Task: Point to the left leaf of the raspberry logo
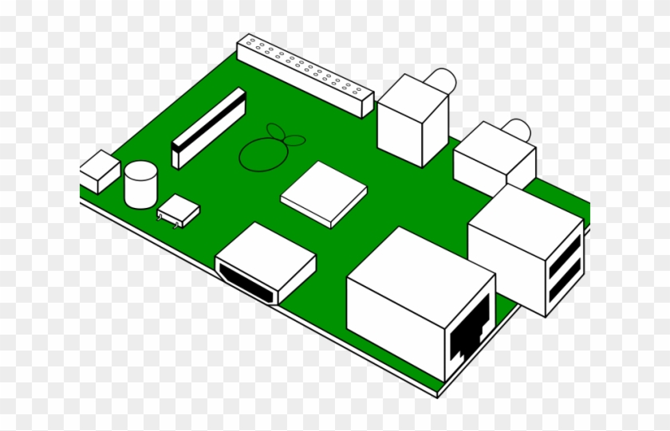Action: pyautogui.click(x=274, y=131)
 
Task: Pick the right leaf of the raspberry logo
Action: pyautogui.click(x=296, y=142)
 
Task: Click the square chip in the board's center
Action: pyautogui.click(x=324, y=193)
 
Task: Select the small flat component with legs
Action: pyautogui.click(x=179, y=210)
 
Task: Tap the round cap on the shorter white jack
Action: pyautogui.click(x=518, y=130)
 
